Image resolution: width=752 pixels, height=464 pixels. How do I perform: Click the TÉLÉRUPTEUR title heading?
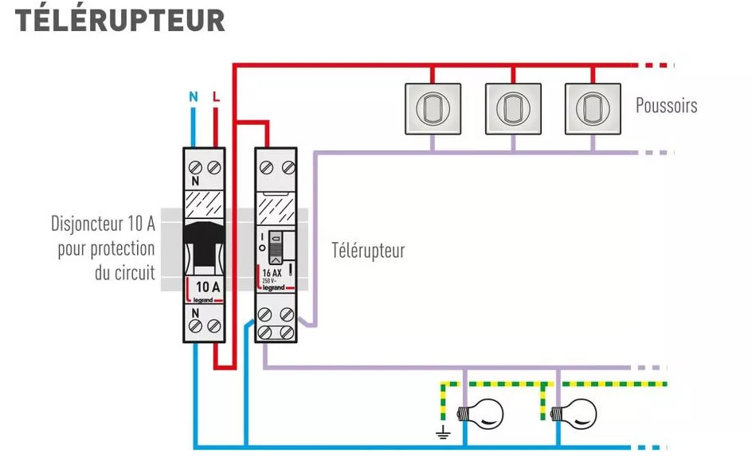(x=119, y=21)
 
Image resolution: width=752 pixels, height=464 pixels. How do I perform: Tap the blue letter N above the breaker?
(x=193, y=97)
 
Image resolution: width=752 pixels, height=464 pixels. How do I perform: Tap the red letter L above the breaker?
(x=215, y=97)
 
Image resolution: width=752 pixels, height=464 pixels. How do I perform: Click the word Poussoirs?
(x=666, y=106)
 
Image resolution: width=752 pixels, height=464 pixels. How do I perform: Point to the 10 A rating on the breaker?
(x=203, y=287)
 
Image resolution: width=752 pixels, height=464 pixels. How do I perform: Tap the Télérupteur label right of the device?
(x=368, y=251)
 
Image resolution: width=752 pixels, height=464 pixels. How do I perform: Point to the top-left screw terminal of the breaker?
(x=194, y=168)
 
